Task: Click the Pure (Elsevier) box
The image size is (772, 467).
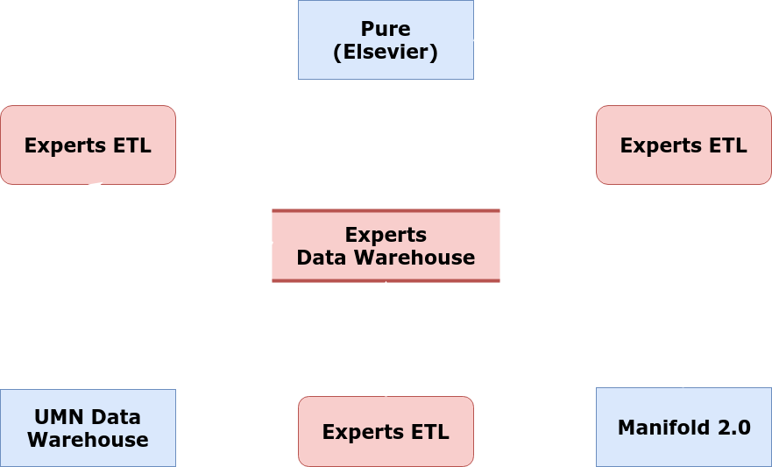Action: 386,39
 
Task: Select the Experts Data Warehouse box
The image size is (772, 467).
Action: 386,246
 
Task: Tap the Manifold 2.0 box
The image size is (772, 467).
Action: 683,428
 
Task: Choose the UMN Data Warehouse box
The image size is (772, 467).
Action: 88,428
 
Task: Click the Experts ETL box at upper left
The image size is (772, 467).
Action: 88,145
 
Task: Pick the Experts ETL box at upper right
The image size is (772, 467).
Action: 683,145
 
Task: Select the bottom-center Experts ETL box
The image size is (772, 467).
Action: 386,431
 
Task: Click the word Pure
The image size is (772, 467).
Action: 386,29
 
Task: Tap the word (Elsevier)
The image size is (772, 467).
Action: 386,51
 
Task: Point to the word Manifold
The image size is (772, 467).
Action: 659,428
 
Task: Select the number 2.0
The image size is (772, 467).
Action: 733,428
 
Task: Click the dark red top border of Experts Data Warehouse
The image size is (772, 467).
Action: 386,211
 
